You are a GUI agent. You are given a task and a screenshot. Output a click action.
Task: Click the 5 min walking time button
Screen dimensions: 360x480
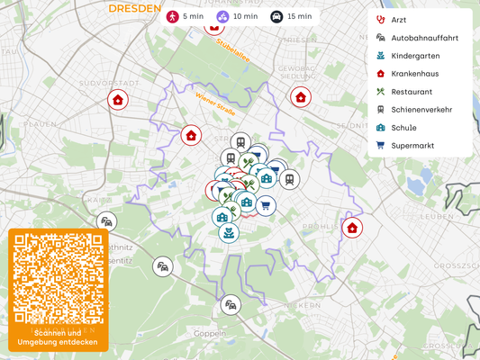pos(184,16)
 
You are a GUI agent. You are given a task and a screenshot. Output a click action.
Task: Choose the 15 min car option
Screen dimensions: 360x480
pos(292,16)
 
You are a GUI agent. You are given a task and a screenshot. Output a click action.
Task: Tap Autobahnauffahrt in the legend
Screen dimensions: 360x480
pos(424,38)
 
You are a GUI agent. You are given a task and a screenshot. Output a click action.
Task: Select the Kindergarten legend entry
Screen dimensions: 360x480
pos(416,56)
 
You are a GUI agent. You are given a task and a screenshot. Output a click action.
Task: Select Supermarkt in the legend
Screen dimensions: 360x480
pos(415,146)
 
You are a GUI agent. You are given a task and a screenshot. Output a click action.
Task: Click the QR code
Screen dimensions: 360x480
pos(59,278)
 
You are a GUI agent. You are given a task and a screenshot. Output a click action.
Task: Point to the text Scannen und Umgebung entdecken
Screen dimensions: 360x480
pos(59,338)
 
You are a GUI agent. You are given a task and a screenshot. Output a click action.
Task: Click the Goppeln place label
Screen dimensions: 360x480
pos(209,333)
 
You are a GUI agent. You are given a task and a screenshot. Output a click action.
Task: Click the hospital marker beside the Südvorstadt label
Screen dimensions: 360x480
pos(117,100)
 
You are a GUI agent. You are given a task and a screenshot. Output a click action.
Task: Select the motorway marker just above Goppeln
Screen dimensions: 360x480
pos(232,305)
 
